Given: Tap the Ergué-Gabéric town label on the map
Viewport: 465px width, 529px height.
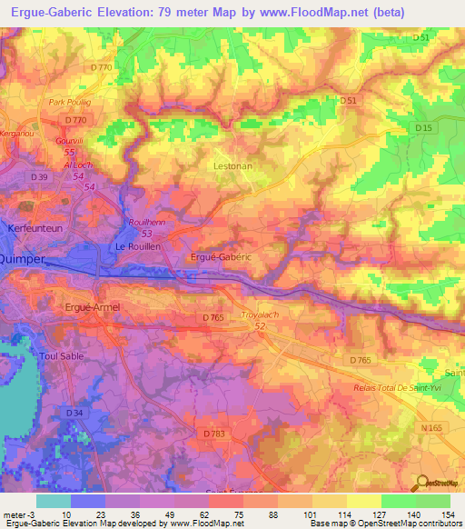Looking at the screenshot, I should [x=221, y=257].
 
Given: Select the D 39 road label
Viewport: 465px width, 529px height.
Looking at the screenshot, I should [x=38, y=176].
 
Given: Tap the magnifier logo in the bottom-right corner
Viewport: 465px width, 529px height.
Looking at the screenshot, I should [x=423, y=484].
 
